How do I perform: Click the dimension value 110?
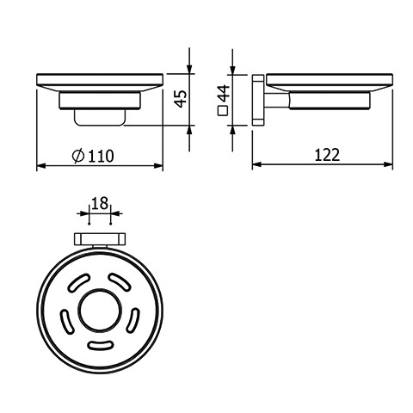point(101,157)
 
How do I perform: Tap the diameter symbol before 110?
point(78,156)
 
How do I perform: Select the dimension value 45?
point(181,99)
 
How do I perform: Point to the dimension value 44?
point(224,94)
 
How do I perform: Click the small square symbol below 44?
point(223,111)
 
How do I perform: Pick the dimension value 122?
point(327,155)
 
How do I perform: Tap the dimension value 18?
point(100,203)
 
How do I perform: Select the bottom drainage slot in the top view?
point(100,345)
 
